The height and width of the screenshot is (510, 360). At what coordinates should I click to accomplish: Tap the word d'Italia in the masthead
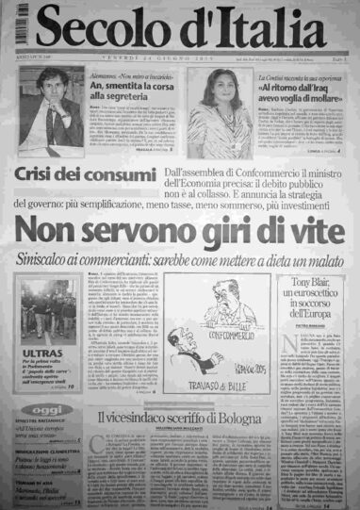[x=251, y=26]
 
